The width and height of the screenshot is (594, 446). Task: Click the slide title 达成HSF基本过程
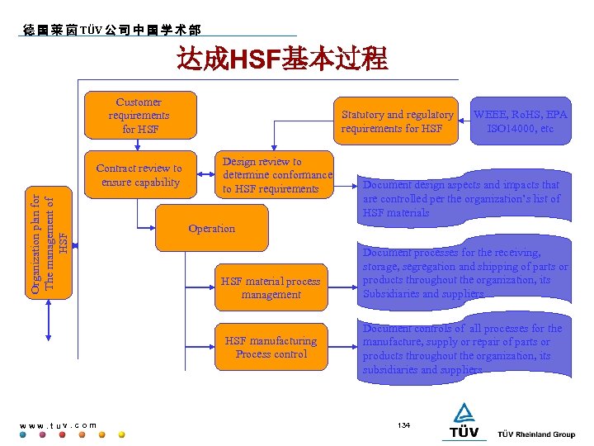[281, 59]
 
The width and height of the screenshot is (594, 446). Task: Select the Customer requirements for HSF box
[141, 115]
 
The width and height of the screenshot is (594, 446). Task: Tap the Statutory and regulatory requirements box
[397, 121]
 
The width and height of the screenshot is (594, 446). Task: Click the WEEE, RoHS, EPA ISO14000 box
[520, 121]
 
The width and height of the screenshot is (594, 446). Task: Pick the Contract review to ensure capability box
[139, 175]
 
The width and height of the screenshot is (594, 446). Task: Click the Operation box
[211, 229]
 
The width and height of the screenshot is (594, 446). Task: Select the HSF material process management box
[271, 287]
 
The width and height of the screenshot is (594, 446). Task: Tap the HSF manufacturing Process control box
[271, 348]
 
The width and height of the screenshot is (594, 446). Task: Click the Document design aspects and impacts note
[462, 198]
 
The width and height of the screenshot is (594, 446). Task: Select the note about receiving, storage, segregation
[464, 273]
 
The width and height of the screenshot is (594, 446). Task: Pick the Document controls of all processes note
[463, 349]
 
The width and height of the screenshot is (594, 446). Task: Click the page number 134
[403, 425]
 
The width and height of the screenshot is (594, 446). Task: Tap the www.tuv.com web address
[58, 425]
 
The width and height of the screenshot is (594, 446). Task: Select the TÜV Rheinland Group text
[536, 434]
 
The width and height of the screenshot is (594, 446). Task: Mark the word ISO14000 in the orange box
[520, 129]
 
